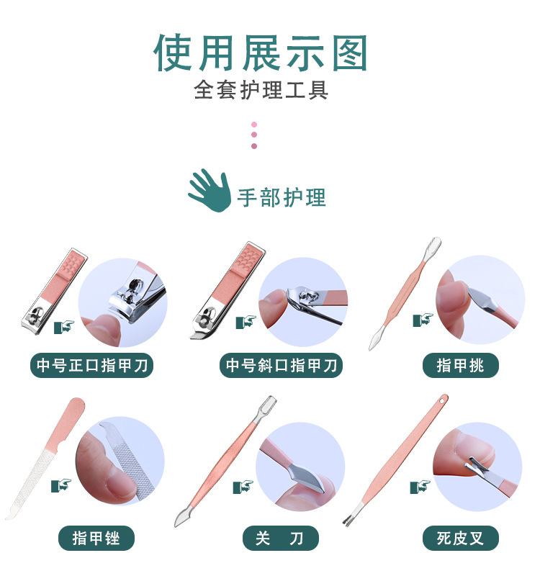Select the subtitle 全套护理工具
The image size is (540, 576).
pos(261,91)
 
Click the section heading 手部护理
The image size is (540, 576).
pos(282,197)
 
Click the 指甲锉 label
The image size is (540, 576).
pos(96,537)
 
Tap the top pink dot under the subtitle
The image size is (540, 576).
pos(254,124)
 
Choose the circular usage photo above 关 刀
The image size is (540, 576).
pos(300,465)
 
